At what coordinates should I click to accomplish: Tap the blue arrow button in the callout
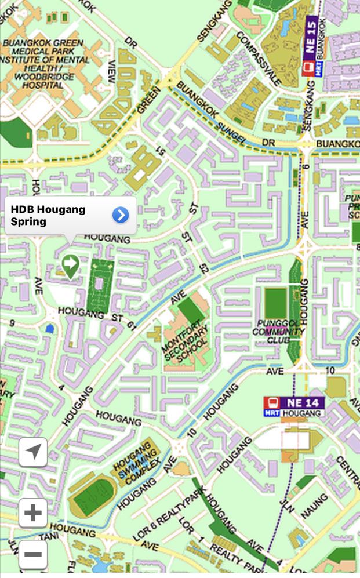pyautogui.click(x=120, y=216)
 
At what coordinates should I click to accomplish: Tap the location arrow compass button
pyautogui.click(x=33, y=452)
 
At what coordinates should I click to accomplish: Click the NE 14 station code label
pyautogui.click(x=301, y=402)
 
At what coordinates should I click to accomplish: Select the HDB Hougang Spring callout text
pyautogui.click(x=48, y=215)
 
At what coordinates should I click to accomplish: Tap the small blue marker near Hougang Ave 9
pyautogui.click(x=49, y=329)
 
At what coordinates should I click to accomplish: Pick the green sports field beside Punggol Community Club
pyautogui.click(x=275, y=302)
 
